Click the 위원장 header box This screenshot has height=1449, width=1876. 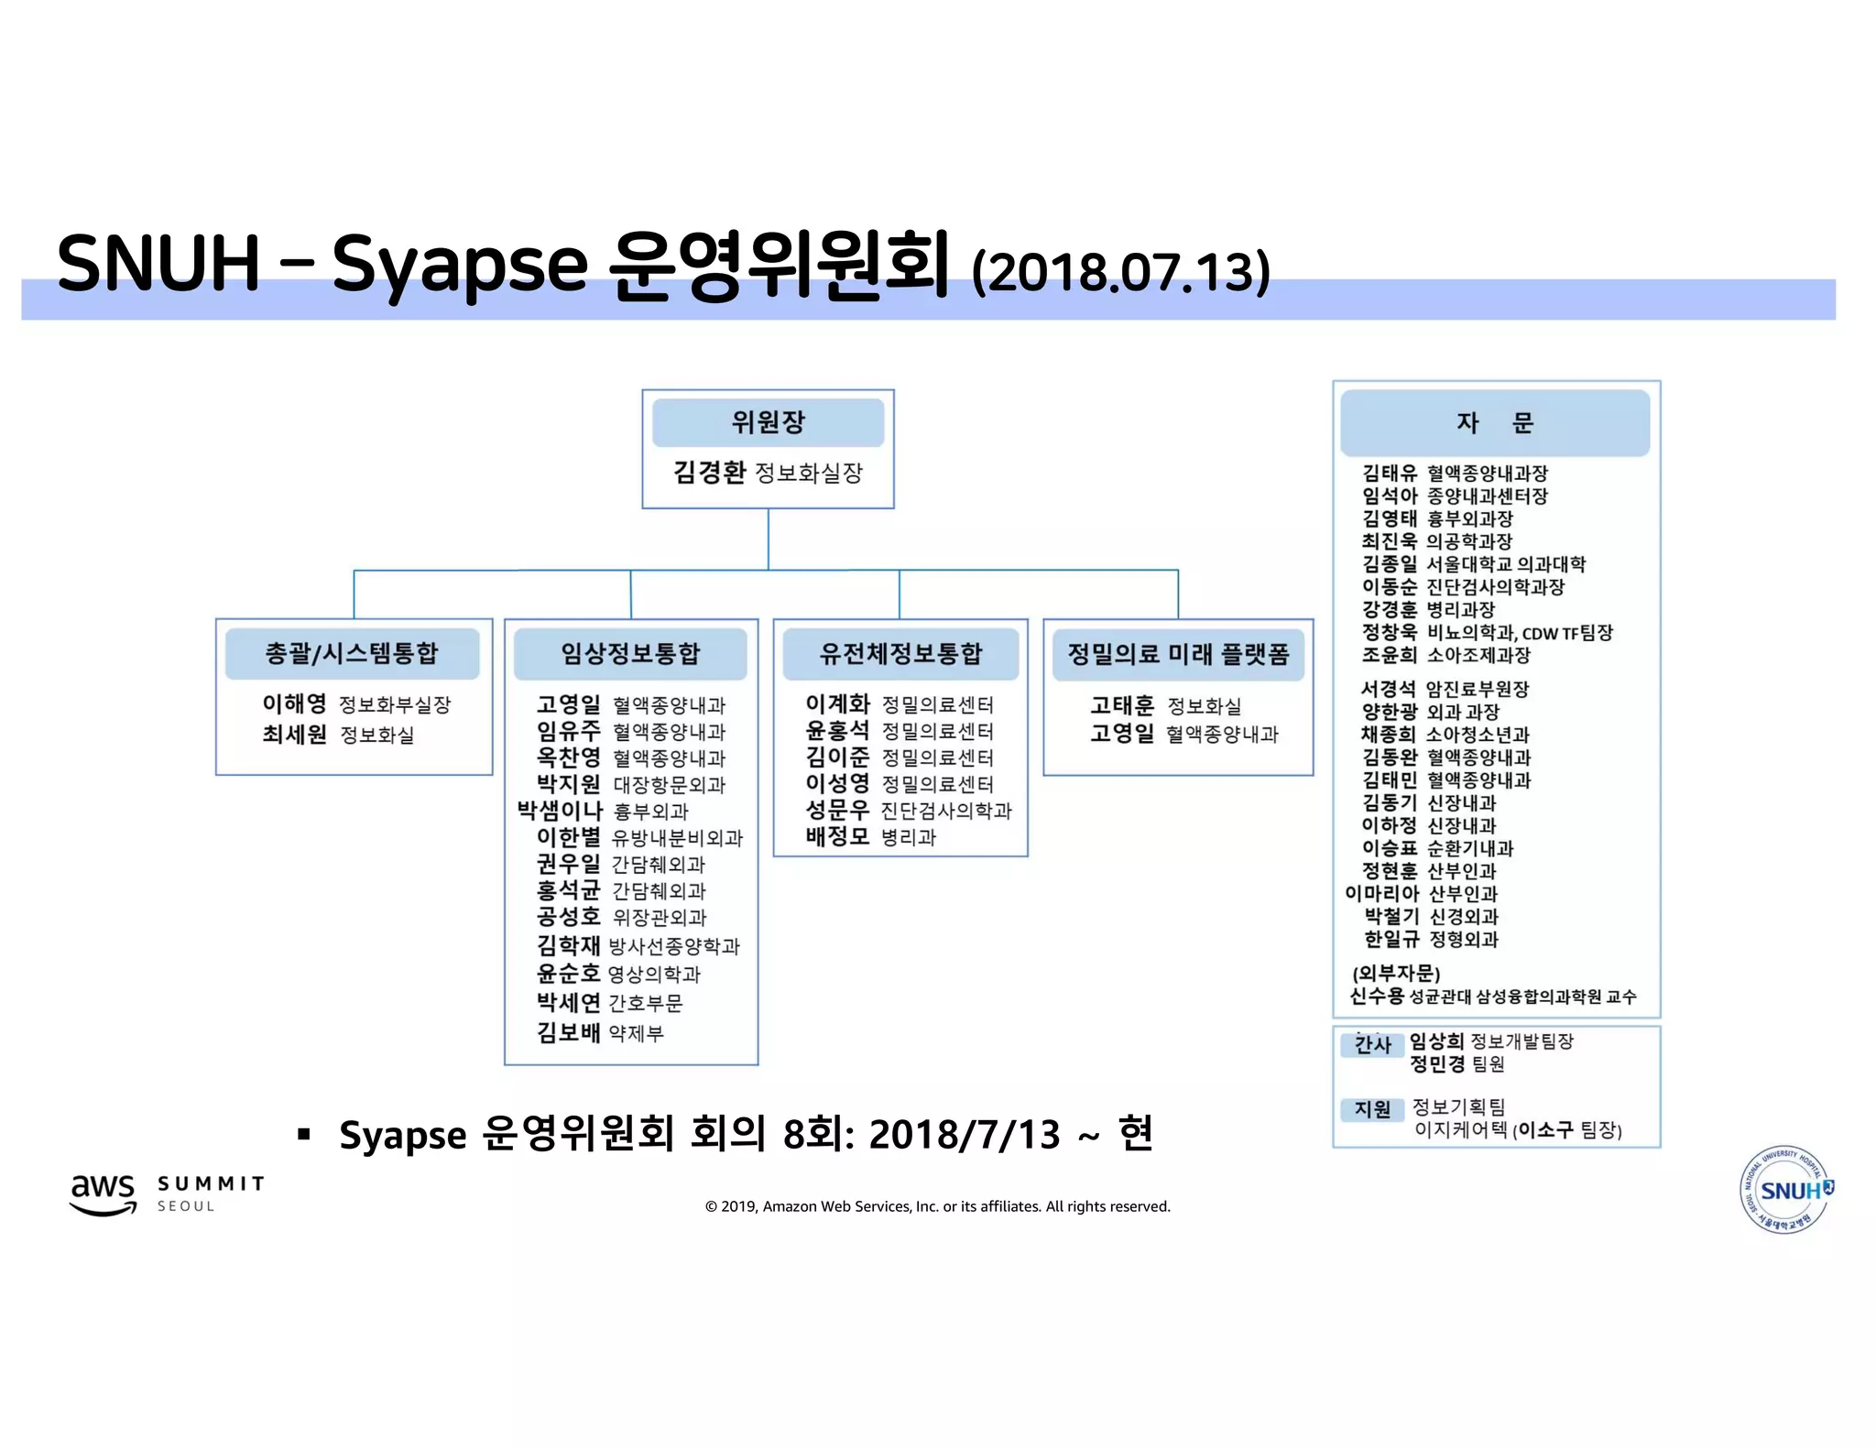click(x=768, y=422)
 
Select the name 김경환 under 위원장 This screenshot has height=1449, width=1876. click(x=709, y=473)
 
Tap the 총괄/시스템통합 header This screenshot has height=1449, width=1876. click(x=352, y=653)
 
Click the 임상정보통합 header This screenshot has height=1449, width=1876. click(x=630, y=653)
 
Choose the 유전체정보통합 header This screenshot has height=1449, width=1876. click(x=900, y=653)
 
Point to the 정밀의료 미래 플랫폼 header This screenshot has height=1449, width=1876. click(x=1178, y=654)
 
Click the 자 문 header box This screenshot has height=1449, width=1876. click(x=1494, y=422)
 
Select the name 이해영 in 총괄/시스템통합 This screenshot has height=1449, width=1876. click(x=294, y=703)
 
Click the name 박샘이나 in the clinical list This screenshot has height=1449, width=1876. click(x=559, y=811)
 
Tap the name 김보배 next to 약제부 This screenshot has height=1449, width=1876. click(x=568, y=1032)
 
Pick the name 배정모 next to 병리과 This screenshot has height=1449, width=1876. click(x=837, y=836)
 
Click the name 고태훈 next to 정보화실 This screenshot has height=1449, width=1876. click(x=1122, y=705)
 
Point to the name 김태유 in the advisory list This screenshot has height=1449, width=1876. click(x=1389, y=474)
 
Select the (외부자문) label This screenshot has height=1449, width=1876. click(x=1396, y=973)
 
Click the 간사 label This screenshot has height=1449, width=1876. click(x=1372, y=1044)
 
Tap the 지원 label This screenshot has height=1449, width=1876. click(x=1372, y=1109)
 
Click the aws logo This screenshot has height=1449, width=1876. click(x=103, y=1193)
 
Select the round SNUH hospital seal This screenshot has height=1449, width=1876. click(x=1785, y=1190)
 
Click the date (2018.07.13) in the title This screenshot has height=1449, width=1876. click(x=1120, y=273)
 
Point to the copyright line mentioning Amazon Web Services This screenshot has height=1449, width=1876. click(x=937, y=1206)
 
